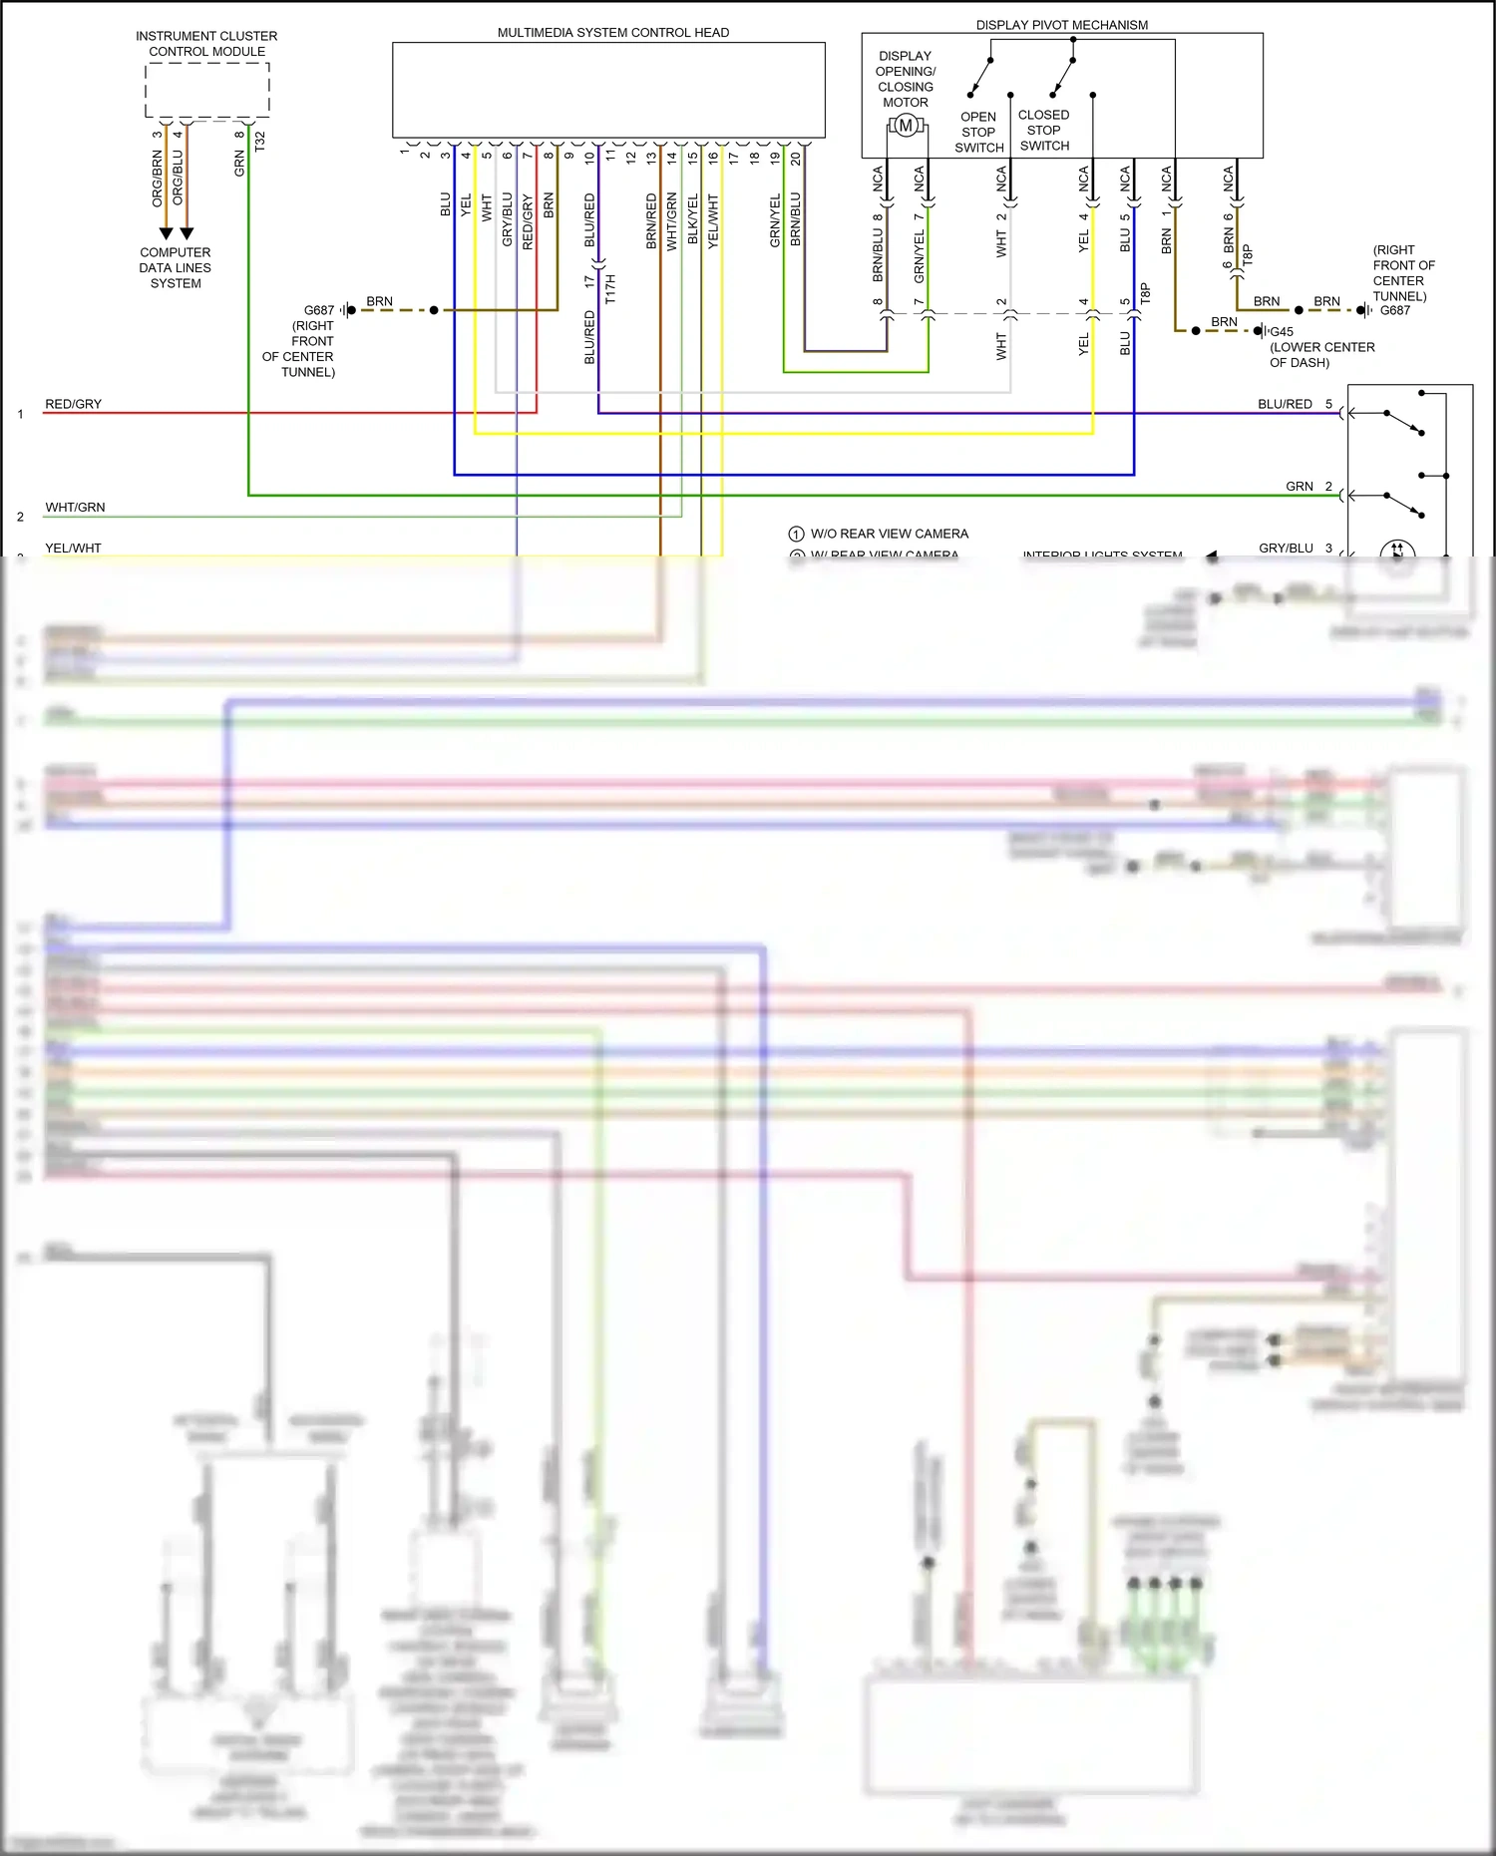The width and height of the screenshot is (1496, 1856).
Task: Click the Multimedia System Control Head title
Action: click(612, 33)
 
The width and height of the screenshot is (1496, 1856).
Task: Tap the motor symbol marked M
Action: click(905, 126)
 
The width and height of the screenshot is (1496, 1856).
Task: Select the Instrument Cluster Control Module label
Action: click(206, 44)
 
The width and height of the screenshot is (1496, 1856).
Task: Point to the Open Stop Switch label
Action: click(978, 133)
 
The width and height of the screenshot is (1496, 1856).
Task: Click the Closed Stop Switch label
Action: click(1044, 131)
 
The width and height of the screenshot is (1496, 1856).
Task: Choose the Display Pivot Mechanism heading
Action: click(1061, 25)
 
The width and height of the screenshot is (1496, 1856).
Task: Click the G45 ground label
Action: click(1281, 332)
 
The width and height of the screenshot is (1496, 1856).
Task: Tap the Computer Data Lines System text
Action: click(176, 268)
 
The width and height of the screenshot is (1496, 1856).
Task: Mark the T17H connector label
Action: click(610, 289)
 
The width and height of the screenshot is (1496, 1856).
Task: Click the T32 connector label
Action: click(260, 142)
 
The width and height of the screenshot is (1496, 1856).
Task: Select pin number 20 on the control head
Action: click(795, 158)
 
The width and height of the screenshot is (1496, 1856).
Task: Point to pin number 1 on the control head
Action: click(404, 152)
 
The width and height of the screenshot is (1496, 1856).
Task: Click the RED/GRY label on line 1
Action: click(73, 404)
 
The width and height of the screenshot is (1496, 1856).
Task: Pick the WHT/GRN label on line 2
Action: click(75, 508)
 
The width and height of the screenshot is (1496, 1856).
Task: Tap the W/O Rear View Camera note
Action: click(889, 534)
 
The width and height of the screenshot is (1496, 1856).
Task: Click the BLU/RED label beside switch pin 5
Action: click(1285, 404)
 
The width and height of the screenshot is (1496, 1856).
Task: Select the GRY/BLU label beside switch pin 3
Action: click(1286, 549)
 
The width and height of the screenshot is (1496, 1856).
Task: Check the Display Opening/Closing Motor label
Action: click(906, 79)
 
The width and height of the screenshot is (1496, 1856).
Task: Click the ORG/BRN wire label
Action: click(157, 179)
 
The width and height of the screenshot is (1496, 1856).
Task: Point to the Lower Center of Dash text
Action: click(1321, 355)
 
